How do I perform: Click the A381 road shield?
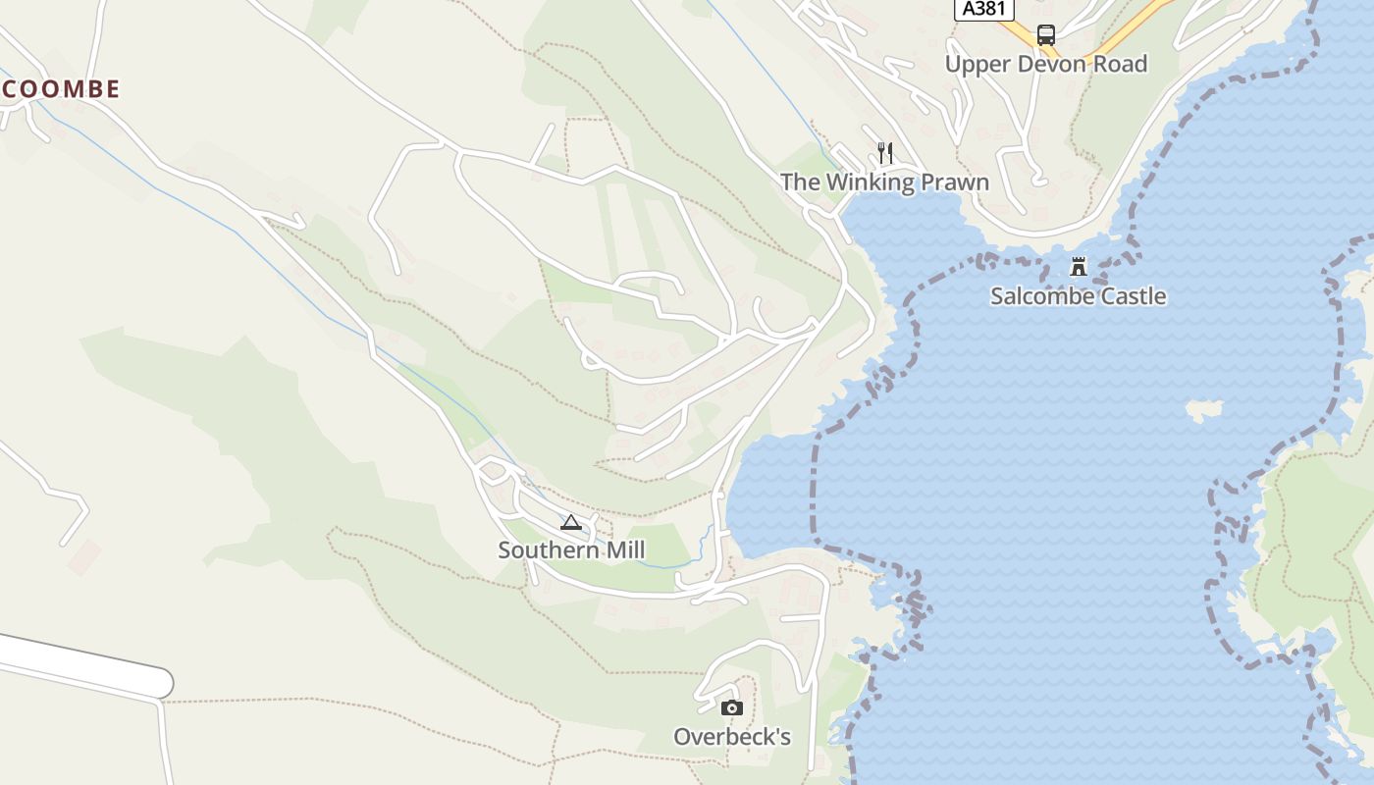pyautogui.click(x=984, y=9)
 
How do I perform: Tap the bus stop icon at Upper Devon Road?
pyautogui.click(x=1046, y=35)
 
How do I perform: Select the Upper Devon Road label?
pyautogui.click(x=1046, y=64)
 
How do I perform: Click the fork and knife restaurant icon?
pyautogui.click(x=885, y=152)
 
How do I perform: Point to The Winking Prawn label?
pyautogui.click(x=884, y=183)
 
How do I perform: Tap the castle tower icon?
pyautogui.click(x=1079, y=266)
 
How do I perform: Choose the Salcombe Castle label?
pyautogui.click(x=1078, y=296)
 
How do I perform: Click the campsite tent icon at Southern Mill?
pyautogui.click(x=571, y=522)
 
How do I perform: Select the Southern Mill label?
pyautogui.click(x=571, y=550)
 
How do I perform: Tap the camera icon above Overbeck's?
pyautogui.click(x=731, y=708)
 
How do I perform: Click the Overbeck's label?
pyautogui.click(x=731, y=737)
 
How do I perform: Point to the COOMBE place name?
pyautogui.click(x=61, y=89)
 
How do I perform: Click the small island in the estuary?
pyautogui.click(x=1203, y=409)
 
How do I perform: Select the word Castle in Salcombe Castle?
pyautogui.click(x=1133, y=296)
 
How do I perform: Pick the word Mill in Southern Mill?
pyautogui.click(x=626, y=550)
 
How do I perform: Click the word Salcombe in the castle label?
pyautogui.click(x=1040, y=296)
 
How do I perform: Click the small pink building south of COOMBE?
pyautogui.click(x=84, y=556)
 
